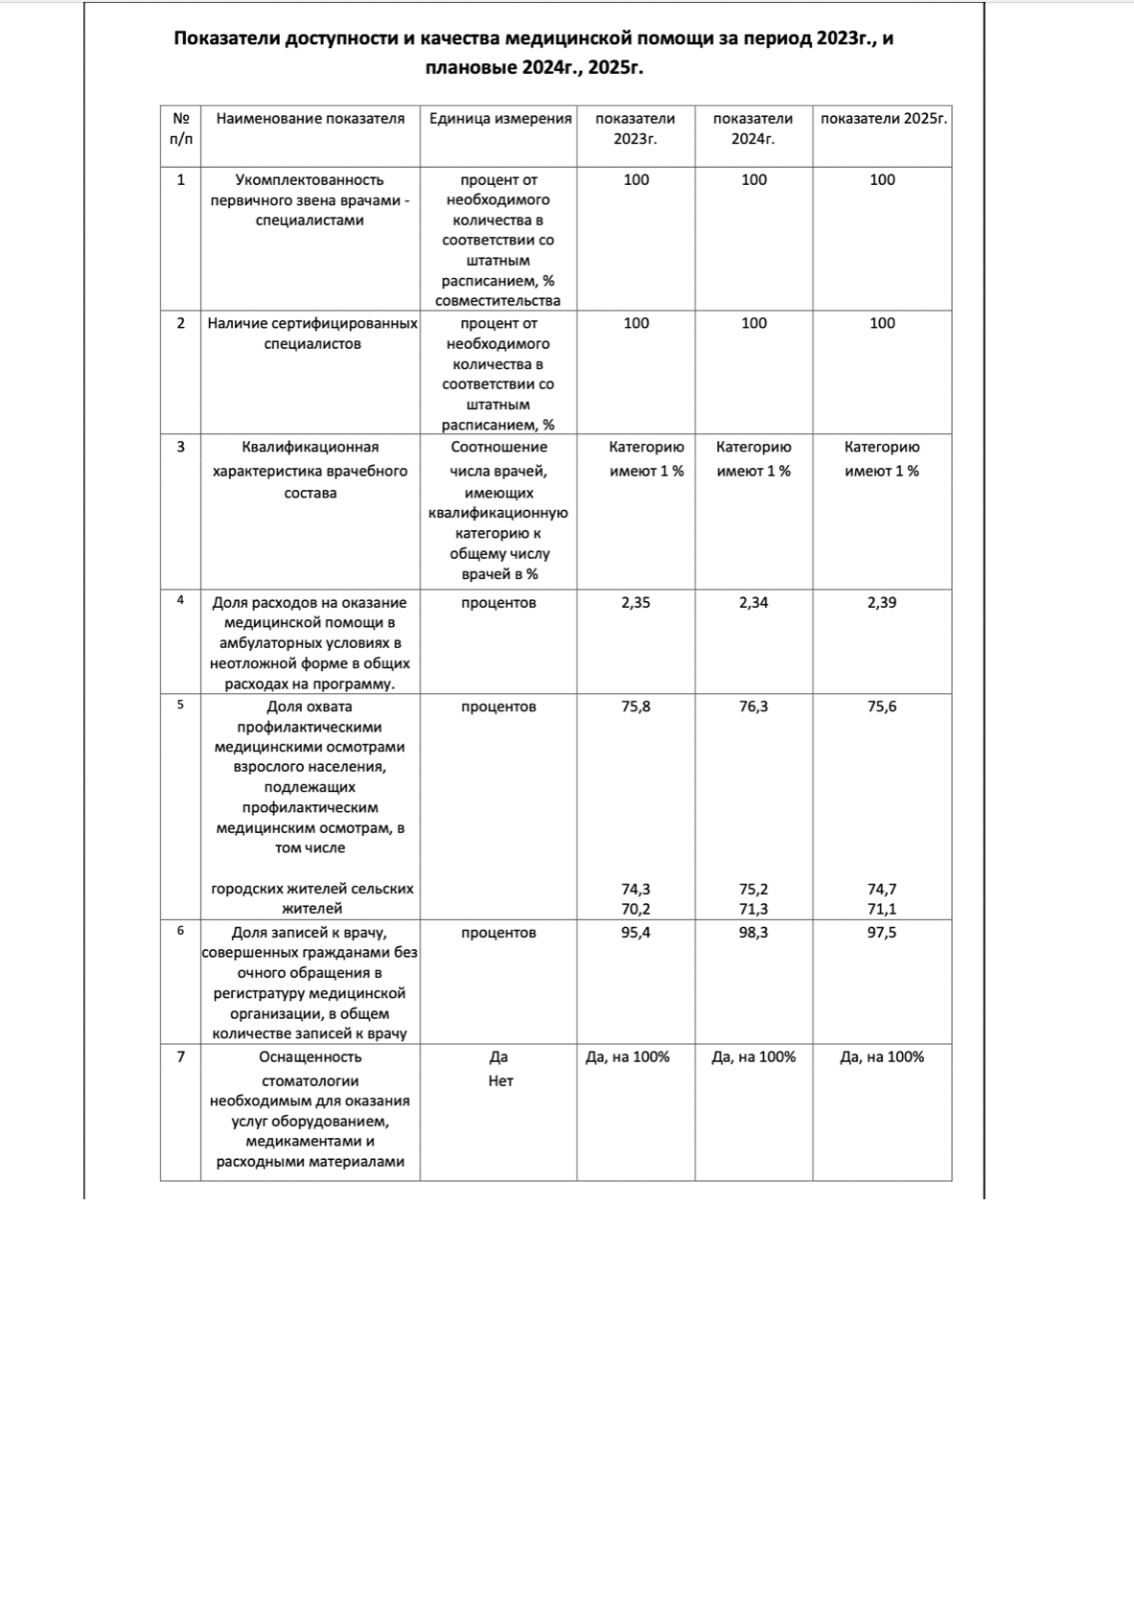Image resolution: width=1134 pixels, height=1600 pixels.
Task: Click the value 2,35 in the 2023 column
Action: pyautogui.click(x=636, y=603)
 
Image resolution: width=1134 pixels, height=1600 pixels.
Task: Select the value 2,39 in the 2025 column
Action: pyautogui.click(x=882, y=603)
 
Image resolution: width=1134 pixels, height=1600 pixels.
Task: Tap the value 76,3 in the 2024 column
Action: pyautogui.click(x=753, y=707)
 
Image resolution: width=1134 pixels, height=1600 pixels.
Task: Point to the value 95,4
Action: pyautogui.click(x=636, y=933)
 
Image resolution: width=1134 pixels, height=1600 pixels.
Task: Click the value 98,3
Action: pyautogui.click(x=753, y=933)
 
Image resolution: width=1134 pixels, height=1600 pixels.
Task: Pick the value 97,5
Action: pyautogui.click(x=882, y=933)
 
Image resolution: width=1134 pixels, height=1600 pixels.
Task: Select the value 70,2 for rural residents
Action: pyautogui.click(x=636, y=909)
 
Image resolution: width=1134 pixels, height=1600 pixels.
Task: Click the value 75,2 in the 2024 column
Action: pyautogui.click(x=753, y=890)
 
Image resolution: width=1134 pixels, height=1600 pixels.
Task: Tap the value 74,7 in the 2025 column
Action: pyautogui.click(x=882, y=890)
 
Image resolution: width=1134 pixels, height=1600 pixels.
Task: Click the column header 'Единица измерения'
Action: pyautogui.click(x=499, y=119)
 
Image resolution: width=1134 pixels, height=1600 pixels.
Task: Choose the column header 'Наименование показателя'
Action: pyautogui.click(x=311, y=119)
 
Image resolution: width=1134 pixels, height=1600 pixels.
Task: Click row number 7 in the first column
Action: pyautogui.click(x=181, y=1056)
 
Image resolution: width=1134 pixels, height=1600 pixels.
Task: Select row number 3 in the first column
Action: pyautogui.click(x=181, y=447)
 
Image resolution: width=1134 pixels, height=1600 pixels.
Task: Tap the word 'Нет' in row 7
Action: pyautogui.click(x=500, y=1081)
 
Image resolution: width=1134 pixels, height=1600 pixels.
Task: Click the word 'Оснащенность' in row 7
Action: pyautogui.click(x=311, y=1056)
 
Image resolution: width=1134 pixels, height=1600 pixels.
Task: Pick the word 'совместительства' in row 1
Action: pyautogui.click(x=498, y=301)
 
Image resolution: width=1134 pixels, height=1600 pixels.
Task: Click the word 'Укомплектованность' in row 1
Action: pyautogui.click(x=310, y=180)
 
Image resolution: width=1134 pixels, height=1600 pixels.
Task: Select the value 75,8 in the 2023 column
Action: pyautogui.click(x=636, y=707)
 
